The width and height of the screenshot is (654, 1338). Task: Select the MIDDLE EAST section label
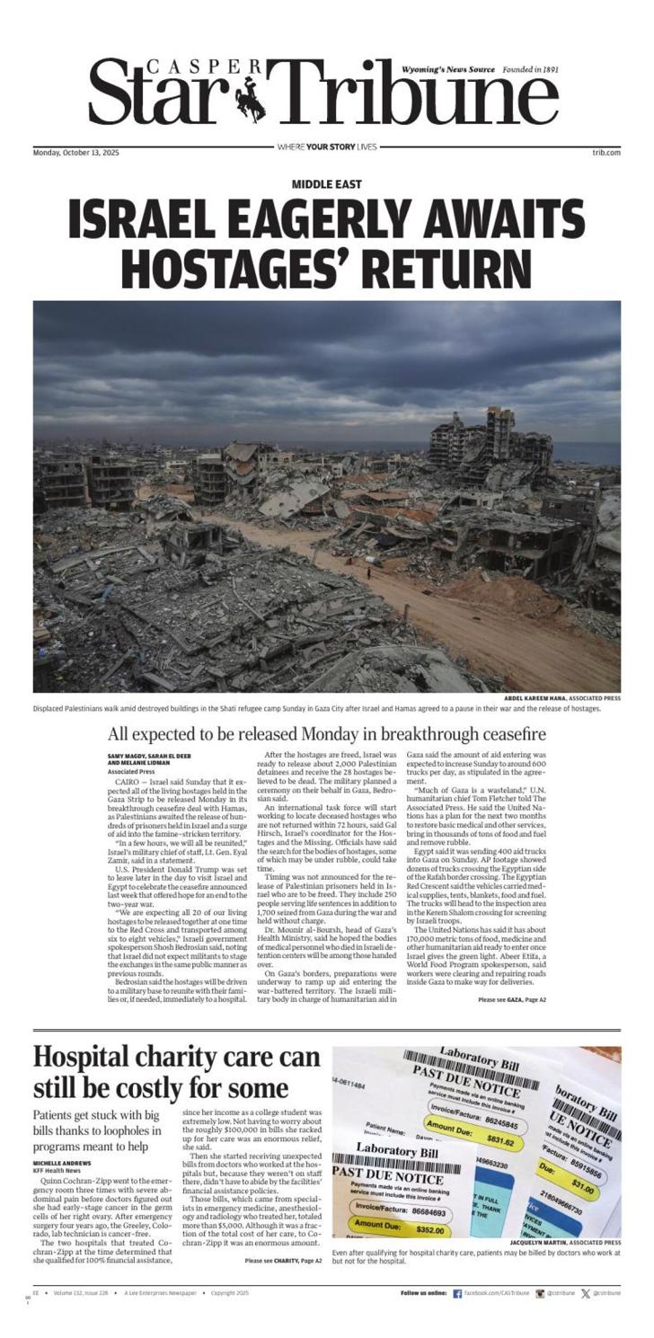tap(326, 184)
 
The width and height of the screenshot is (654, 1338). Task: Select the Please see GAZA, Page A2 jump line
tap(512, 999)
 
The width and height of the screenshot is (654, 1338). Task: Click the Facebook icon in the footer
tap(457, 1294)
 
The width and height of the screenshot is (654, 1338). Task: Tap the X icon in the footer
tap(586, 1294)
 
